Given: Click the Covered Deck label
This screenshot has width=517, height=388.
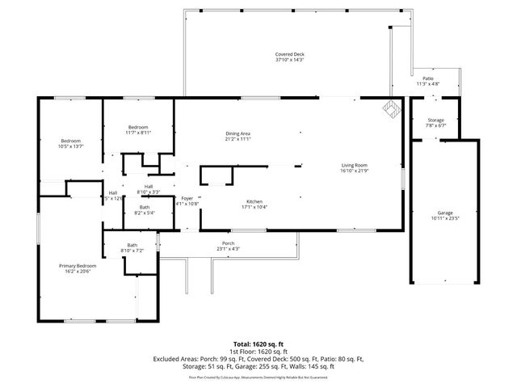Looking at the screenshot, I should coord(289,54).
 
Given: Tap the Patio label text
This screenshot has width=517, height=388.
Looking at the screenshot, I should coord(428,78).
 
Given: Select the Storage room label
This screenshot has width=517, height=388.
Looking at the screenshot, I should coord(435,120).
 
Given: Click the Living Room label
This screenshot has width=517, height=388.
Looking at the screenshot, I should coord(354,165).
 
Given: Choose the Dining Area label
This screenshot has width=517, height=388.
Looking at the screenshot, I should coord(237,133).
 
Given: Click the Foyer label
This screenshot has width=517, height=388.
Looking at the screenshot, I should coord(187,198).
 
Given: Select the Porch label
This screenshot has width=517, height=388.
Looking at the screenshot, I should coord(228,242).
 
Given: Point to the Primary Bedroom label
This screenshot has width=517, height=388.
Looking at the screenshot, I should coord(78,265).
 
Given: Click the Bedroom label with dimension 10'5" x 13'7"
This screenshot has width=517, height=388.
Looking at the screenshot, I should coord(70,141).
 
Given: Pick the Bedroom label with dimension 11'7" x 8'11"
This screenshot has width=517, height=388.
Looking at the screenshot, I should coord(138,127).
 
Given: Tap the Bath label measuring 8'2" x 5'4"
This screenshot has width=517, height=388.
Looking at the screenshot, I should coord(144,208).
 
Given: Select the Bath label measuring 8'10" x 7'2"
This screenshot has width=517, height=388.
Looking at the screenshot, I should coord(132,246).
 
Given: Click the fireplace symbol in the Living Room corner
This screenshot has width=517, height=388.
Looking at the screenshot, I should coord(392,111).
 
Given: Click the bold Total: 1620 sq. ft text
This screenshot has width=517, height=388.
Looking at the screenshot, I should coord(258,344).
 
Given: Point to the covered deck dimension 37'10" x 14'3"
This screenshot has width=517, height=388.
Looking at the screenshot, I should coord(289,60).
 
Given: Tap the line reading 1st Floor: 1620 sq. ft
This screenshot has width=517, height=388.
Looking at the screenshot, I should coord(258,352).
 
